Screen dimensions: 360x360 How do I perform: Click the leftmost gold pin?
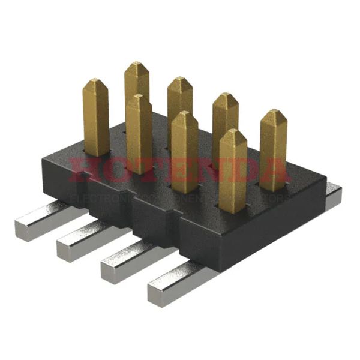(x=96, y=117)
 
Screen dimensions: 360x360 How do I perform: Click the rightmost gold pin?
(x=273, y=147)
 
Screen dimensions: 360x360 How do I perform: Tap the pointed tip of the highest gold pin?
(x=137, y=64)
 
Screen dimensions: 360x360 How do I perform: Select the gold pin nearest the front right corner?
(x=232, y=171)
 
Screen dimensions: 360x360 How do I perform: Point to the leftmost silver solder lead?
(x=42, y=221)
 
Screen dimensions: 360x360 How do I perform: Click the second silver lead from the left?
(x=84, y=240)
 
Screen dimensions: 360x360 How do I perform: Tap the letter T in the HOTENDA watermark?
(x=144, y=170)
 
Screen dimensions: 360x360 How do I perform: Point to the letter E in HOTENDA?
(x=174, y=170)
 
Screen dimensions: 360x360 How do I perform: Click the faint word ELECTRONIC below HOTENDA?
(x=96, y=197)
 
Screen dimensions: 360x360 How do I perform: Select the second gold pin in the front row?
(x=139, y=135)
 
